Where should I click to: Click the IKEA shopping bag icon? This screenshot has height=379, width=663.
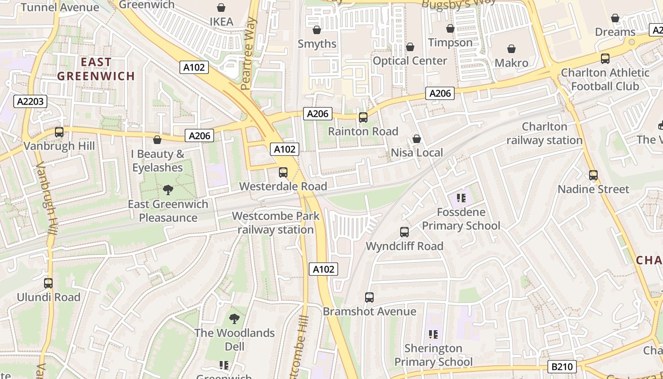[x=221, y=8]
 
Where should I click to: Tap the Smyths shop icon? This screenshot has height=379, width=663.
[x=317, y=30]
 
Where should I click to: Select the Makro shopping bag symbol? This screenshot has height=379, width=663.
[x=511, y=49]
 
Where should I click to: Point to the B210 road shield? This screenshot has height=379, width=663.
[x=563, y=366]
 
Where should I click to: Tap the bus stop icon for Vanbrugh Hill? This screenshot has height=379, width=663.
[x=59, y=132]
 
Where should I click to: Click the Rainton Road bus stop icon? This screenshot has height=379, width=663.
[x=363, y=117]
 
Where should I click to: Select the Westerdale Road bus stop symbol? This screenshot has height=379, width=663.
[x=283, y=172]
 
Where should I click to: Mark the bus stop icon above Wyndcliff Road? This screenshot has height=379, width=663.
[x=404, y=232]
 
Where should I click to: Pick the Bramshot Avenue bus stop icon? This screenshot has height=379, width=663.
[x=369, y=298]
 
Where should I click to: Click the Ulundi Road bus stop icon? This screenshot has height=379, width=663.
[x=48, y=283]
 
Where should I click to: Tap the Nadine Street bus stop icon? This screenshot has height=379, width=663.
[x=593, y=175]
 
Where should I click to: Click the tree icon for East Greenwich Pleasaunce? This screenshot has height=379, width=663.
[x=168, y=190]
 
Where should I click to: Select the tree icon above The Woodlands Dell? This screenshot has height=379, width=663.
[x=234, y=318]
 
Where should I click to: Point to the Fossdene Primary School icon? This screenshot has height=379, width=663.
[x=461, y=198]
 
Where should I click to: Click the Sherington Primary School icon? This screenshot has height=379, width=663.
[x=433, y=334]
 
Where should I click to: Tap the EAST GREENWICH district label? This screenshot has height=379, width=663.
[x=96, y=69]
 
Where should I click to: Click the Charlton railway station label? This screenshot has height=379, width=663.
[x=545, y=134]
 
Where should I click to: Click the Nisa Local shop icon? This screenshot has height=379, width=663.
[x=417, y=139]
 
